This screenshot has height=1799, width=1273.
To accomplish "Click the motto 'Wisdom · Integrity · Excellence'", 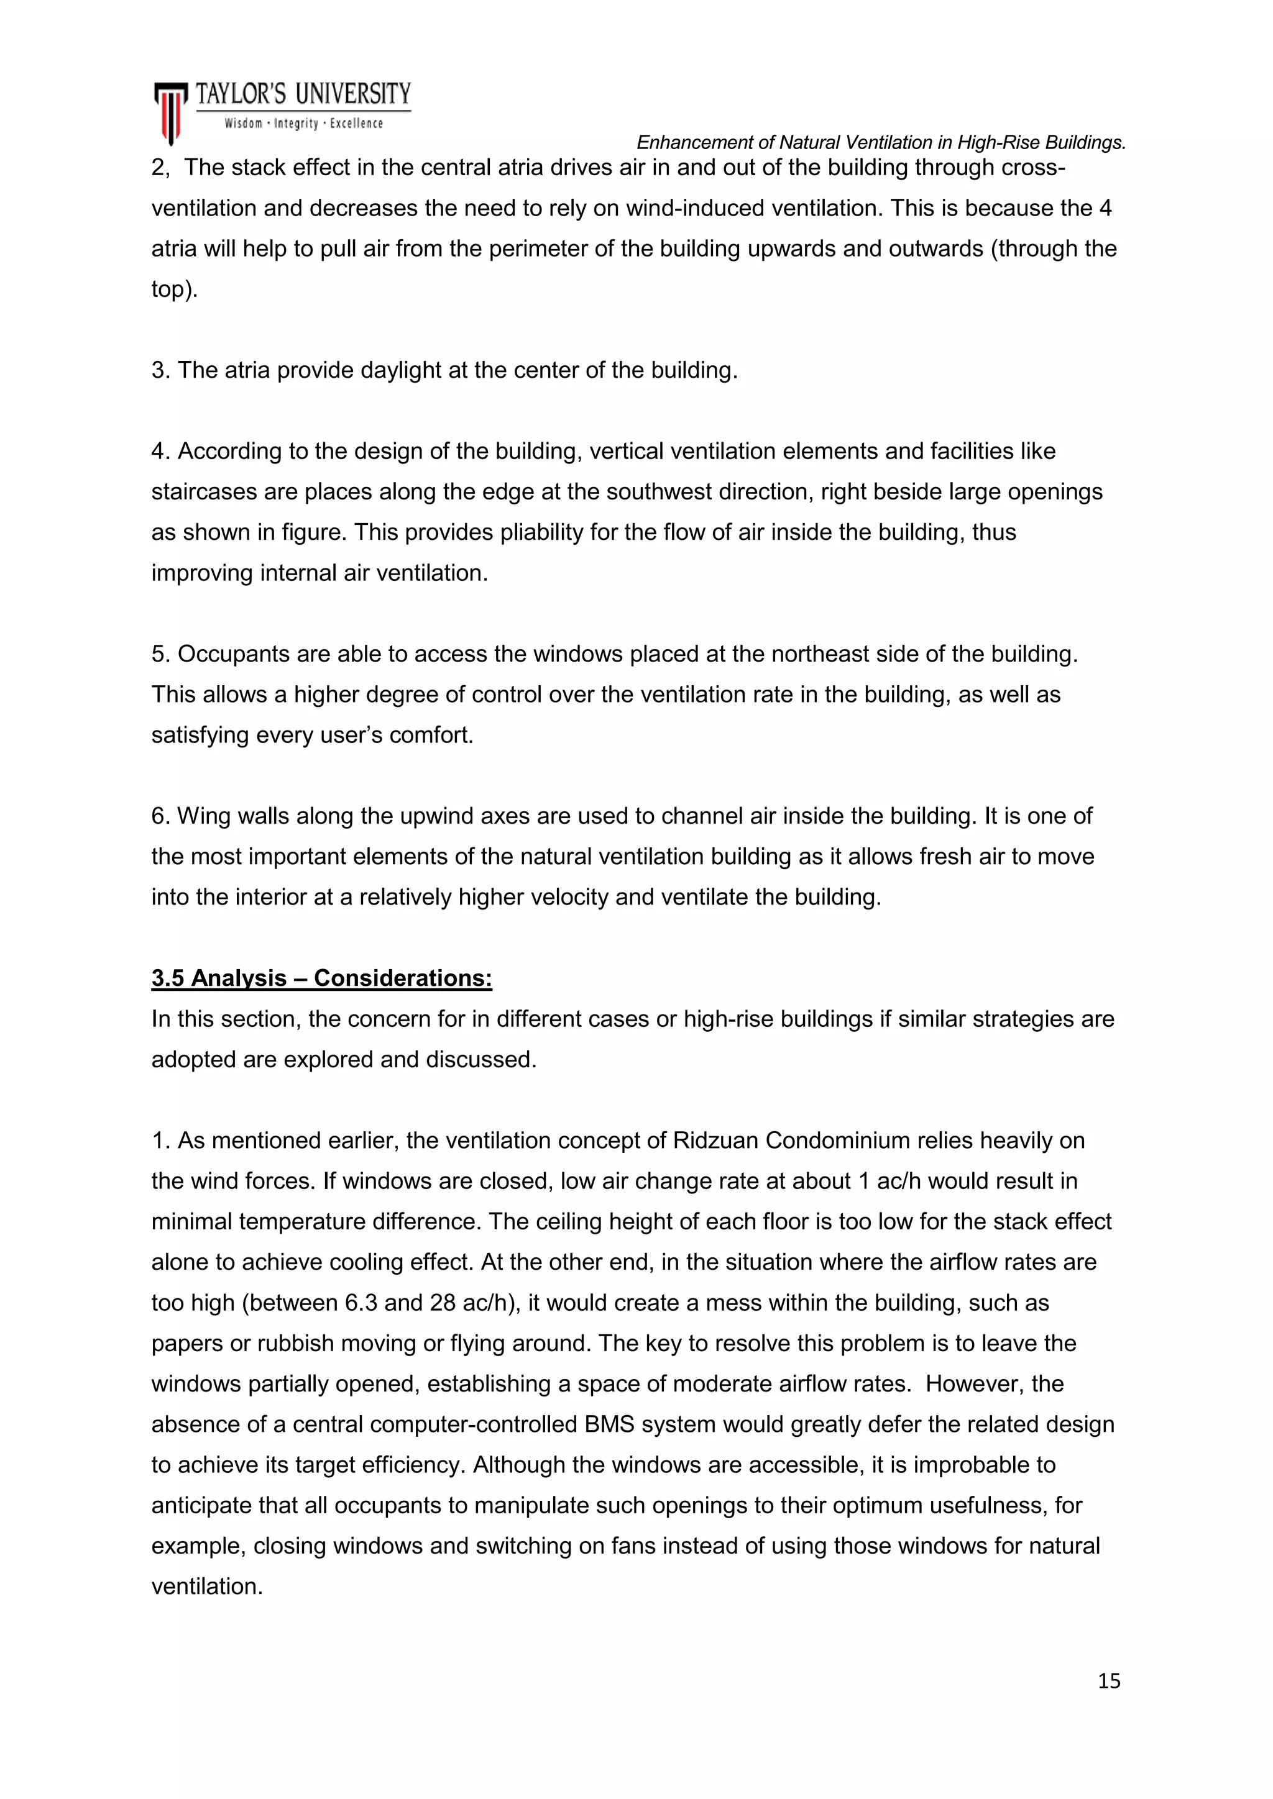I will coord(303,124).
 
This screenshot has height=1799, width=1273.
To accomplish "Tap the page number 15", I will coord(1108,1682).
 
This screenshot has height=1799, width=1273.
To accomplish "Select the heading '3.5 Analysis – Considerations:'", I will coord(321,978).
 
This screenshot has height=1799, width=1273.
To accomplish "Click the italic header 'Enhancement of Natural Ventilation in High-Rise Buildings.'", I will coord(880,143).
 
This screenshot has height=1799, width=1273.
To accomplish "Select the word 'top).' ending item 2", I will coord(174,290).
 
